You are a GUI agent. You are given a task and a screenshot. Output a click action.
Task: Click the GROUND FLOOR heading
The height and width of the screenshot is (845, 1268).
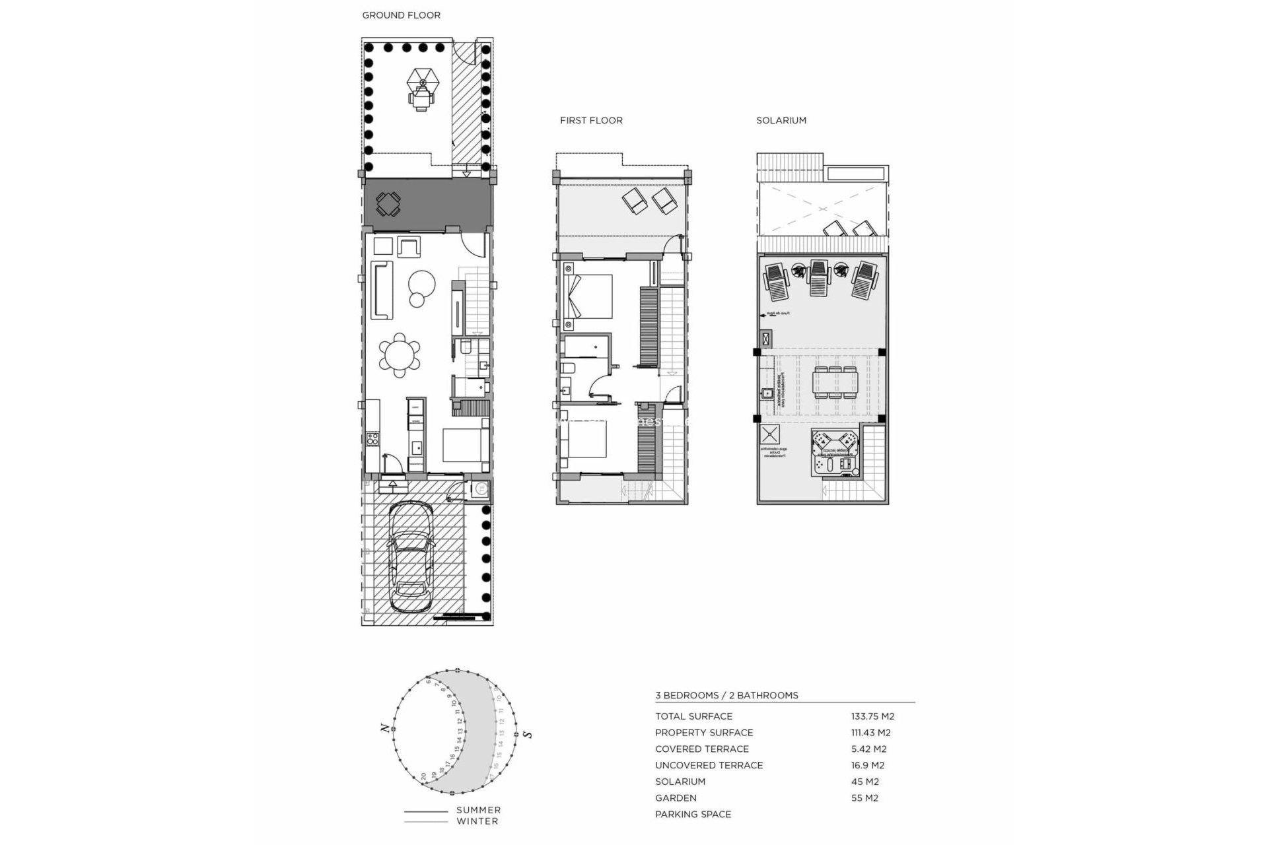(x=401, y=15)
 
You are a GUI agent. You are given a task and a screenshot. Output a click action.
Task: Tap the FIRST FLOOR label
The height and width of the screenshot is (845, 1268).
(x=591, y=120)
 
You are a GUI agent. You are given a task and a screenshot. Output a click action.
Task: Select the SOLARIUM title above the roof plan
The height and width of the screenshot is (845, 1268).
(x=781, y=120)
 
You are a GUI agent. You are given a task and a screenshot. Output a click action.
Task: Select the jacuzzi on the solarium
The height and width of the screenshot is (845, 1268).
(x=835, y=452)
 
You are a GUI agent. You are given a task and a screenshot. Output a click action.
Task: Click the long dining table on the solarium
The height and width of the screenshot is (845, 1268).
(x=835, y=382)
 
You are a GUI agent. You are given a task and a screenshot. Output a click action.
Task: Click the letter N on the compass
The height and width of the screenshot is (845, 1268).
(x=384, y=728)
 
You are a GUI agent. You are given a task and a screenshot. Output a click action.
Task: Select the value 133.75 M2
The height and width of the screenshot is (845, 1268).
(x=872, y=716)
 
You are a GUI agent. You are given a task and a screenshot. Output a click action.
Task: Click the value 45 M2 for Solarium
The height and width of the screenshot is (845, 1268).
(x=864, y=782)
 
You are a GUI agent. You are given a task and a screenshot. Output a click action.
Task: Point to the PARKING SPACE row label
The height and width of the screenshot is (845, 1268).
(x=693, y=814)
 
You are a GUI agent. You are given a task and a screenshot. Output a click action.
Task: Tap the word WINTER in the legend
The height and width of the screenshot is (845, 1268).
(x=477, y=821)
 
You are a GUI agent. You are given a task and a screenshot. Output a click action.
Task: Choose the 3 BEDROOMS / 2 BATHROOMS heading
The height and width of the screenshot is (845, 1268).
(x=726, y=695)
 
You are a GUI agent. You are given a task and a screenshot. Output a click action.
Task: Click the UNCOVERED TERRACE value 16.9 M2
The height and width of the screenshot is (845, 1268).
(x=867, y=765)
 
